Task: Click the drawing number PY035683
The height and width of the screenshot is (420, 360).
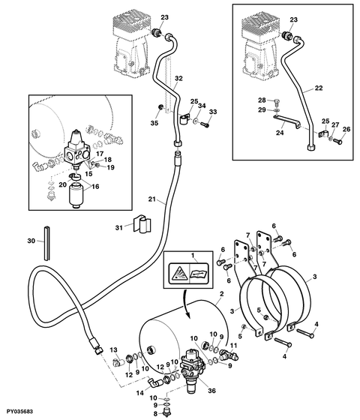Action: coord(19,411)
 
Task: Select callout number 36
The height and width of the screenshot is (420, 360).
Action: coord(211,391)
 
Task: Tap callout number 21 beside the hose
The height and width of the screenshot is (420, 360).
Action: coord(151,199)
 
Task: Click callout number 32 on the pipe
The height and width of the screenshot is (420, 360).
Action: coord(178,78)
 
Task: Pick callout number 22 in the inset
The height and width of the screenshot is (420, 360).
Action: coord(319,88)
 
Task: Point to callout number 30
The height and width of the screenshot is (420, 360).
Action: coord(31,241)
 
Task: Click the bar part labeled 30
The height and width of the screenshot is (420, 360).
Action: coord(47,243)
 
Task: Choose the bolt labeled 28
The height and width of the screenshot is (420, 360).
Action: coord(277,103)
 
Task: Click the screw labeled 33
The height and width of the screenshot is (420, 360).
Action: coord(205,124)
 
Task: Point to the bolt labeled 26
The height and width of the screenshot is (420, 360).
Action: coord(337,141)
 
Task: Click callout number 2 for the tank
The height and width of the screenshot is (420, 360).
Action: coord(221,294)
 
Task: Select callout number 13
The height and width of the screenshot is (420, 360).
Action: coord(113,349)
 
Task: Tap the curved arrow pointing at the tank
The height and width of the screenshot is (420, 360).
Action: coord(184,304)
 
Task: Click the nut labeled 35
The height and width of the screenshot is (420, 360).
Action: coord(161,107)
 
